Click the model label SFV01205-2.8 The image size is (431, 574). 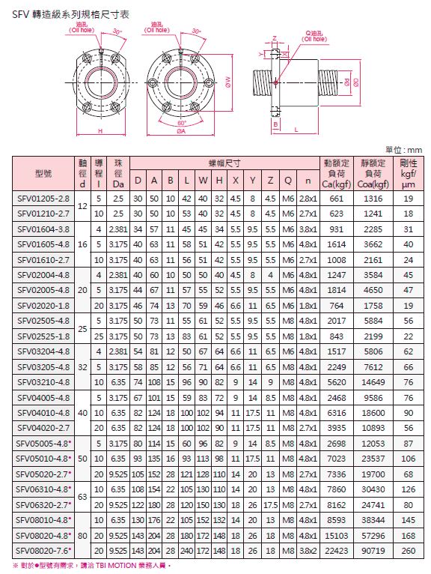point(43,199)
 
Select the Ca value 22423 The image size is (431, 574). point(336,551)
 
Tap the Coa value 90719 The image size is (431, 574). point(373,551)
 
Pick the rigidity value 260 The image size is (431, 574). point(408,551)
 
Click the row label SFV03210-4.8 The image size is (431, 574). point(43,382)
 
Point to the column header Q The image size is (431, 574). point(288,181)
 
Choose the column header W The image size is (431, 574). point(203,181)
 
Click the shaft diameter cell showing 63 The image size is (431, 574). point(82,497)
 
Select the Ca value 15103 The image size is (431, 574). point(336,536)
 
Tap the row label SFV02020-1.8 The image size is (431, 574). point(43,306)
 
